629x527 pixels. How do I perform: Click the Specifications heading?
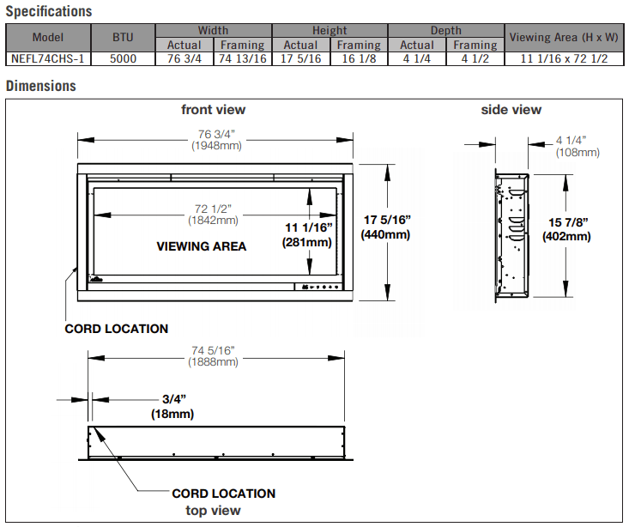pos(48,12)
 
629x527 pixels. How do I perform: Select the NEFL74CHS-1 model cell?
pos(48,59)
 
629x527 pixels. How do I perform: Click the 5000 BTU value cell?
pos(123,59)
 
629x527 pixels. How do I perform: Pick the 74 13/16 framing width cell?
pos(242,59)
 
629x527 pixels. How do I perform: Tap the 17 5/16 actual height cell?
pos(300,59)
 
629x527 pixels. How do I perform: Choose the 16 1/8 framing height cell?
pos(359,59)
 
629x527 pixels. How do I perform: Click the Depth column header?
pos(446,31)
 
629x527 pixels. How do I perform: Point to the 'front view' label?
pos(213,109)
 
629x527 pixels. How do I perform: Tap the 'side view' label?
pos(511,109)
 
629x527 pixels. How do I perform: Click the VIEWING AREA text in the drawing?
pos(201,246)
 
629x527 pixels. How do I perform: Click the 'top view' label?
pos(214,511)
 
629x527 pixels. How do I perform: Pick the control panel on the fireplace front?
pos(318,288)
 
